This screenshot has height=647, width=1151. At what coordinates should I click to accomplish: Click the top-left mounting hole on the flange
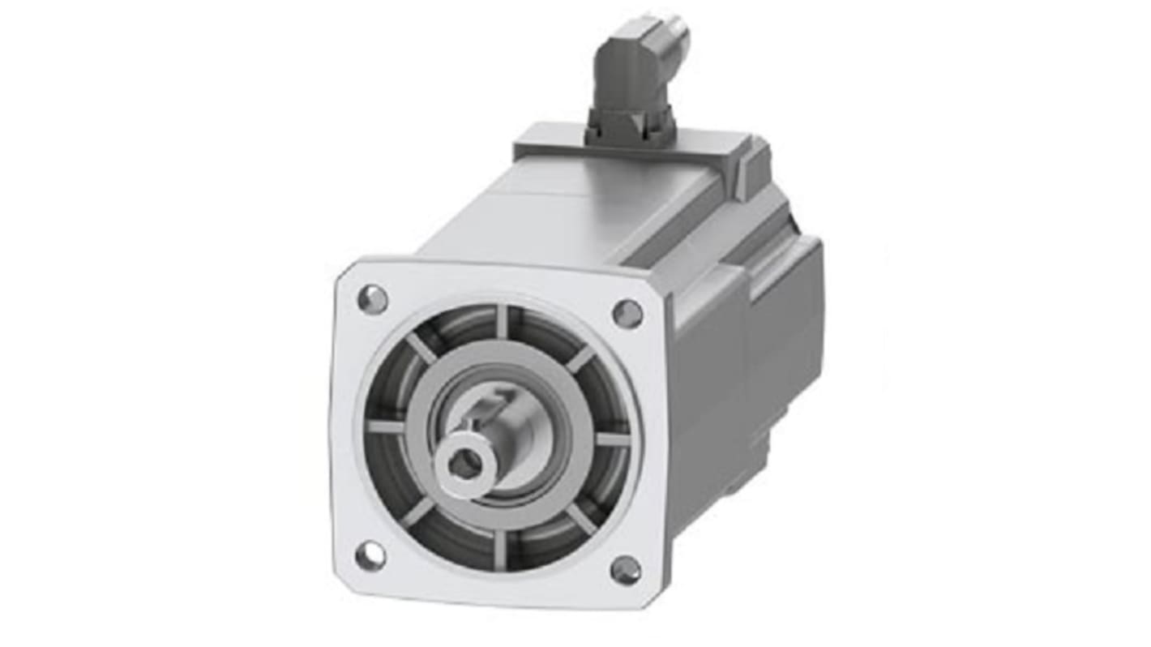coord(373,299)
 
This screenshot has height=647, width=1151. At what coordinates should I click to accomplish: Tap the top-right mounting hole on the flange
coord(627,314)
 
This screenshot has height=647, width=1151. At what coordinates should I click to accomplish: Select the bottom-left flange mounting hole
coord(370,556)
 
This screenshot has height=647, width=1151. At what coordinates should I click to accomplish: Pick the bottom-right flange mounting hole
coord(626,570)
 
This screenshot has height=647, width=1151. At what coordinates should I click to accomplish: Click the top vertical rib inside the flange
coord(503,321)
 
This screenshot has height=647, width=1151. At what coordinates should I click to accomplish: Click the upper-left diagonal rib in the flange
coord(421,349)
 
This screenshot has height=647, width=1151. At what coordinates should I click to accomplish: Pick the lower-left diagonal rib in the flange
coord(418,511)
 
